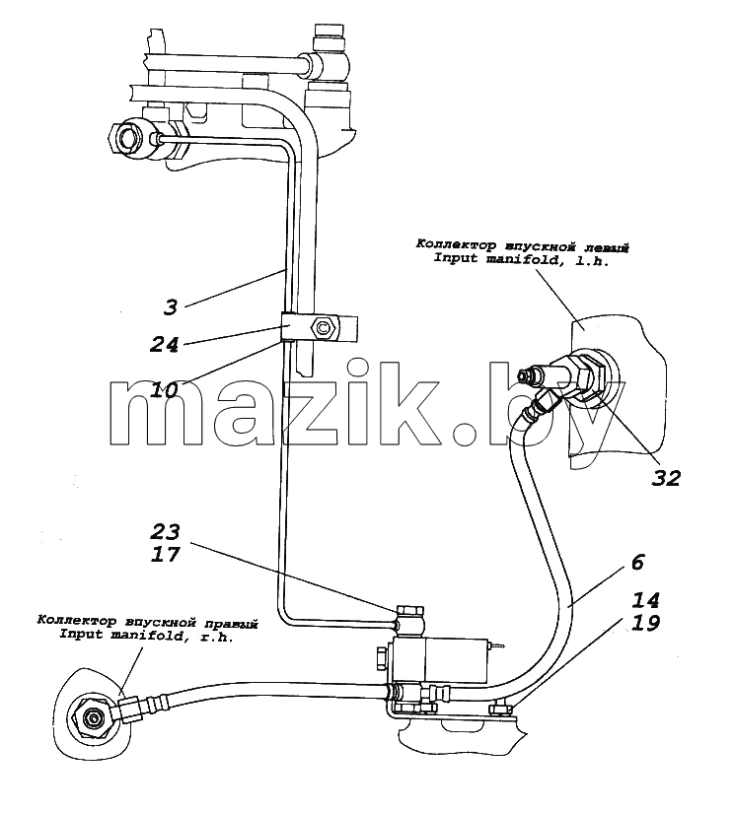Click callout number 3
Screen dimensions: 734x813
coord(171,306)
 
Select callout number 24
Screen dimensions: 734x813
coord(164,345)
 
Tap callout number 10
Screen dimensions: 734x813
coord(164,389)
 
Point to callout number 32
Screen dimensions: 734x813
coord(666,478)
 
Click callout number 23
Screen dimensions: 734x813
coord(166,531)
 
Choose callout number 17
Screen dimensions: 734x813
coord(166,554)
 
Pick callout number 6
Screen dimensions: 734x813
coord(638,562)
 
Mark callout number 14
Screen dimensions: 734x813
coord(646,600)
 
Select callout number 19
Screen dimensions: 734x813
coord(646,622)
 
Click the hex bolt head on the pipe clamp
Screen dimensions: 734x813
coord(323,328)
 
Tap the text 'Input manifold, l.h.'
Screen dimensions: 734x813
coord(521,260)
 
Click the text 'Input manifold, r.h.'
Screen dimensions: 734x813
coord(146,635)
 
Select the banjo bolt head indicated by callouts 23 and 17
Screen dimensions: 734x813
coord(410,610)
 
